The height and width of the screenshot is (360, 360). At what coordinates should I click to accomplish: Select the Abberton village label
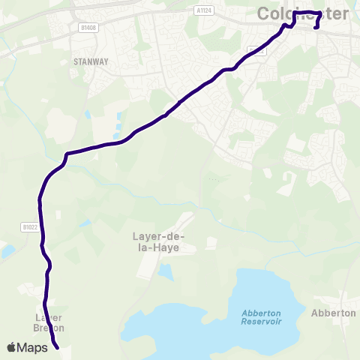click(333, 313)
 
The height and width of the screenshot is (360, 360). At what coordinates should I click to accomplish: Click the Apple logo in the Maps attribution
click(12, 347)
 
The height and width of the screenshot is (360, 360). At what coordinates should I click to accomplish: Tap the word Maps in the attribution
click(32, 347)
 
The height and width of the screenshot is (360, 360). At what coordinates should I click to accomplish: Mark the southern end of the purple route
click(57, 347)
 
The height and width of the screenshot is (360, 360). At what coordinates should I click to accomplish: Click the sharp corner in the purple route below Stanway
click(67, 154)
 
